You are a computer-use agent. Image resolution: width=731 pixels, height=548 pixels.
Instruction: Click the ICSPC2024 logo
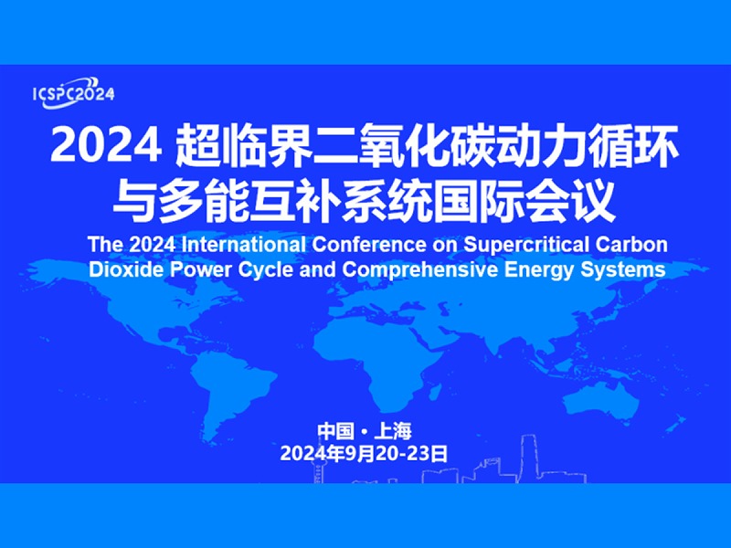tap(74, 93)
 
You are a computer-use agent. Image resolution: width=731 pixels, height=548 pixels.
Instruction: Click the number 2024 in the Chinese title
tap(106, 145)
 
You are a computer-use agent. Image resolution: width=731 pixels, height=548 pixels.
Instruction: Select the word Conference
tap(369, 245)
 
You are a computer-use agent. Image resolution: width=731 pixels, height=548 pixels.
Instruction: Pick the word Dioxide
tap(126, 269)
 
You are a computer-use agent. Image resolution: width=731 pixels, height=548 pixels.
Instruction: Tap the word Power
tap(200, 269)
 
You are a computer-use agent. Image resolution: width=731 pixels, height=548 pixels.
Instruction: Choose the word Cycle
tap(265, 270)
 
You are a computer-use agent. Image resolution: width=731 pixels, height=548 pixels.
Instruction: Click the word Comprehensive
tap(420, 270)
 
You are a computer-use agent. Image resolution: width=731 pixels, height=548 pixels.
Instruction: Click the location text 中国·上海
tap(365, 431)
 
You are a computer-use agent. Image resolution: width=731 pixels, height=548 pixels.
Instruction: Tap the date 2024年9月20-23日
tap(364, 453)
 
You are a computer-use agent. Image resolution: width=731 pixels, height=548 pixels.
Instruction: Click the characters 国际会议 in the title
tap(524, 202)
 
